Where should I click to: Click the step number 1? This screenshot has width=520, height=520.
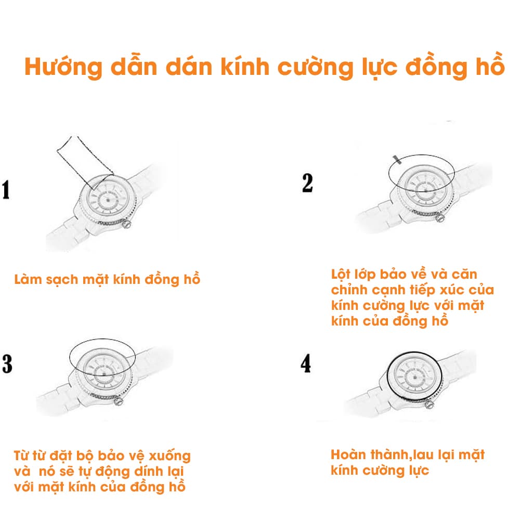click(x=6, y=190)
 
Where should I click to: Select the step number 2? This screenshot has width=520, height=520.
click(x=307, y=183)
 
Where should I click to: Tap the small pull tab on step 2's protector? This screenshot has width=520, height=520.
click(x=396, y=158)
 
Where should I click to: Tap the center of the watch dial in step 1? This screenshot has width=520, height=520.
click(x=109, y=200)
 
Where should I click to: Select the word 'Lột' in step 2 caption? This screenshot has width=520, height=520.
click(x=341, y=274)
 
